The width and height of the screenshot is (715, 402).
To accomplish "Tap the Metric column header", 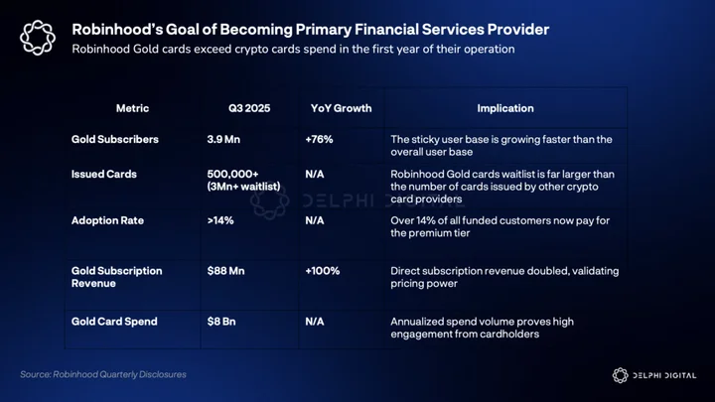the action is click(x=132, y=108).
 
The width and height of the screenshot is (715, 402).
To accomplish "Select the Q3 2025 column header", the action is click(x=249, y=108).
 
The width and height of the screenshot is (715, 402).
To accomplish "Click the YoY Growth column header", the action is click(x=341, y=108).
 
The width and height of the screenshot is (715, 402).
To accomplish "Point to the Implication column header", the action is click(x=505, y=108).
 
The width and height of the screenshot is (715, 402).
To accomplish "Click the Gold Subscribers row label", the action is click(x=115, y=140).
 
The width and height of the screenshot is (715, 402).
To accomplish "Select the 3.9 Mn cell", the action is click(x=223, y=140).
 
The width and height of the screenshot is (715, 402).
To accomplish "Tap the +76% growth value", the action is click(x=319, y=140).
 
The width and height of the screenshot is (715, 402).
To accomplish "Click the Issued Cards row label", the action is click(x=104, y=174).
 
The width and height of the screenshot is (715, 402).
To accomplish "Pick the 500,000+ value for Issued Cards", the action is click(x=233, y=174).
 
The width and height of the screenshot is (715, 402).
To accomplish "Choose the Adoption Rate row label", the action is click(x=107, y=220).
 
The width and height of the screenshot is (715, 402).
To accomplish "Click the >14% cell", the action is click(x=220, y=220).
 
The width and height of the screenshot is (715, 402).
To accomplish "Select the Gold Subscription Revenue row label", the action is click(x=117, y=277).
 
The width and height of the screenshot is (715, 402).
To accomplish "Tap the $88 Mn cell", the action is click(x=225, y=271).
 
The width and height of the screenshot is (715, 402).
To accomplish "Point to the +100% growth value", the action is click(x=323, y=271).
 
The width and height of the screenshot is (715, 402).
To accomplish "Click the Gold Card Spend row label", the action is click(x=114, y=322).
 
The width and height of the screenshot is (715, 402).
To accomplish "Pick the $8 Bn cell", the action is click(x=221, y=322).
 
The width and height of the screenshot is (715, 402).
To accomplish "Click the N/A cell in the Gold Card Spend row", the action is click(x=315, y=322).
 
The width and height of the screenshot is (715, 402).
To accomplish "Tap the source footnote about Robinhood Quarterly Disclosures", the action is click(x=103, y=374).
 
